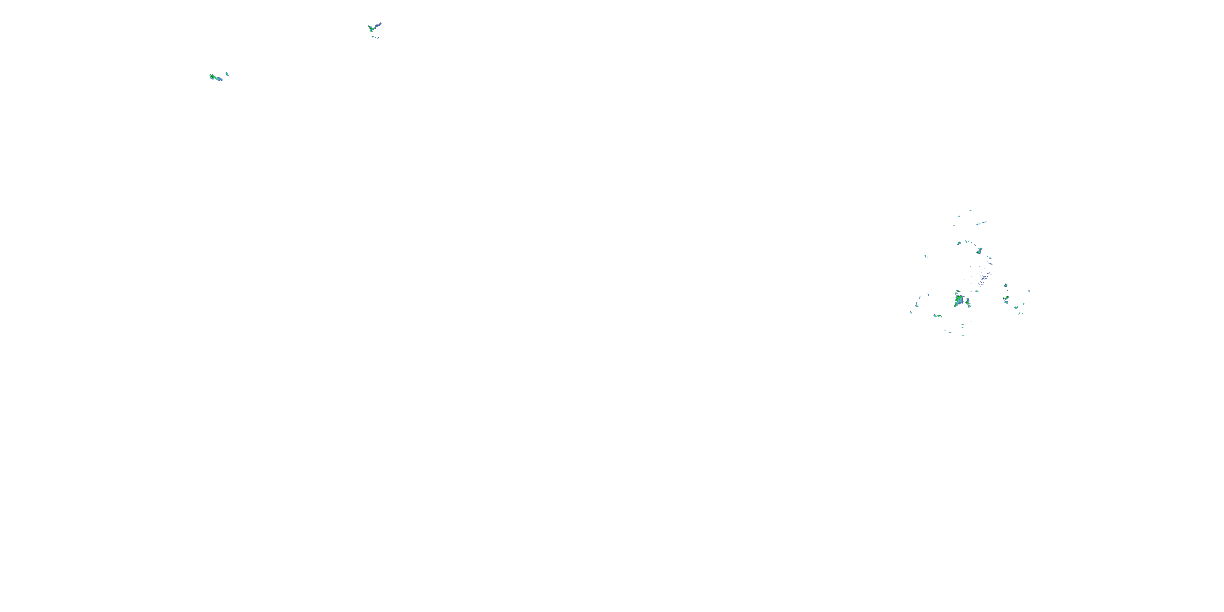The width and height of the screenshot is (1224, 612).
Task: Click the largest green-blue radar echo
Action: click(x=959, y=300)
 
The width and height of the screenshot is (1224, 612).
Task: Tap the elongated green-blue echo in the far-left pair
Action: click(x=216, y=77)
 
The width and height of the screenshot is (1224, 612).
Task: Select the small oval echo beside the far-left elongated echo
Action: click(x=227, y=74)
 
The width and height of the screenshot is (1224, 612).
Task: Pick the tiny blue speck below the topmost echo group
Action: click(x=377, y=38)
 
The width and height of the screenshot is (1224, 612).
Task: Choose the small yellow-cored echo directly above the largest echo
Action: click(x=958, y=292)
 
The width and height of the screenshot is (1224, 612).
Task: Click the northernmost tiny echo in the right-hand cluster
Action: click(x=970, y=211)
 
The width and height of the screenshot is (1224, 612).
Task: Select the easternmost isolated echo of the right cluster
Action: click(x=1029, y=291)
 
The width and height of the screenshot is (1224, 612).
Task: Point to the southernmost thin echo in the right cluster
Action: click(x=963, y=336)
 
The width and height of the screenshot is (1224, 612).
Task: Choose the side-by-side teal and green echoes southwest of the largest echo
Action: click(x=938, y=315)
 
